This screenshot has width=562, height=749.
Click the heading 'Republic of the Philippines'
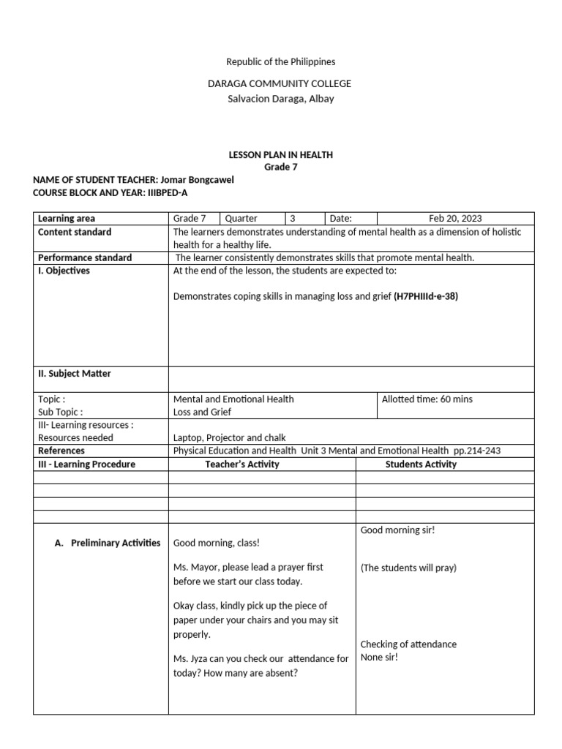pyautogui.click(x=280, y=62)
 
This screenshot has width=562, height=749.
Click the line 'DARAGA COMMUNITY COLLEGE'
pyautogui.click(x=280, y=84)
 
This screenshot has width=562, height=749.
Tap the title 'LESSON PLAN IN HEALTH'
pyautogui.click(x=281, y=155)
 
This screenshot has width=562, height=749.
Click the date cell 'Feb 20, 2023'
pyautogui.click(x=455, y=218)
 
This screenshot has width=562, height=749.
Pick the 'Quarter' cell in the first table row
pyautogui.click(x=241, y=218)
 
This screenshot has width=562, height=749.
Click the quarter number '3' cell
pyautogui.click(x=293, y=218)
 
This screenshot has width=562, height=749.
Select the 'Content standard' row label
pyautogui.click(x=75, y=232)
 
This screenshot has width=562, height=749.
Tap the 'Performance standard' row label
pyautogui.click(x=85, y=257)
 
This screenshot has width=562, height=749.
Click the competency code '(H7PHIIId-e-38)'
pyautogui.click(x=426, y=297)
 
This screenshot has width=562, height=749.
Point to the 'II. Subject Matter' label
pyautogui.click(x=75, y=374)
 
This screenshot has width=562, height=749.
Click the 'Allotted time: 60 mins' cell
pyautogui.click(x=427, y=399)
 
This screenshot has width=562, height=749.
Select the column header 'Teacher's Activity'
pyautogui.click(x=242, y=464)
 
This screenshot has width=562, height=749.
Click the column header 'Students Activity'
pyautogui.click(x=421, y=464)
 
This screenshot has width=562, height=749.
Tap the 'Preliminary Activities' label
pyautogui.click(x=116, y=543)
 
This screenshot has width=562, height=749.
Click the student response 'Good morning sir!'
pyautogui.click(x=397, y=530)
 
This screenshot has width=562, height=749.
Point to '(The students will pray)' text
pyautogui.click(x=408, y=568)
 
